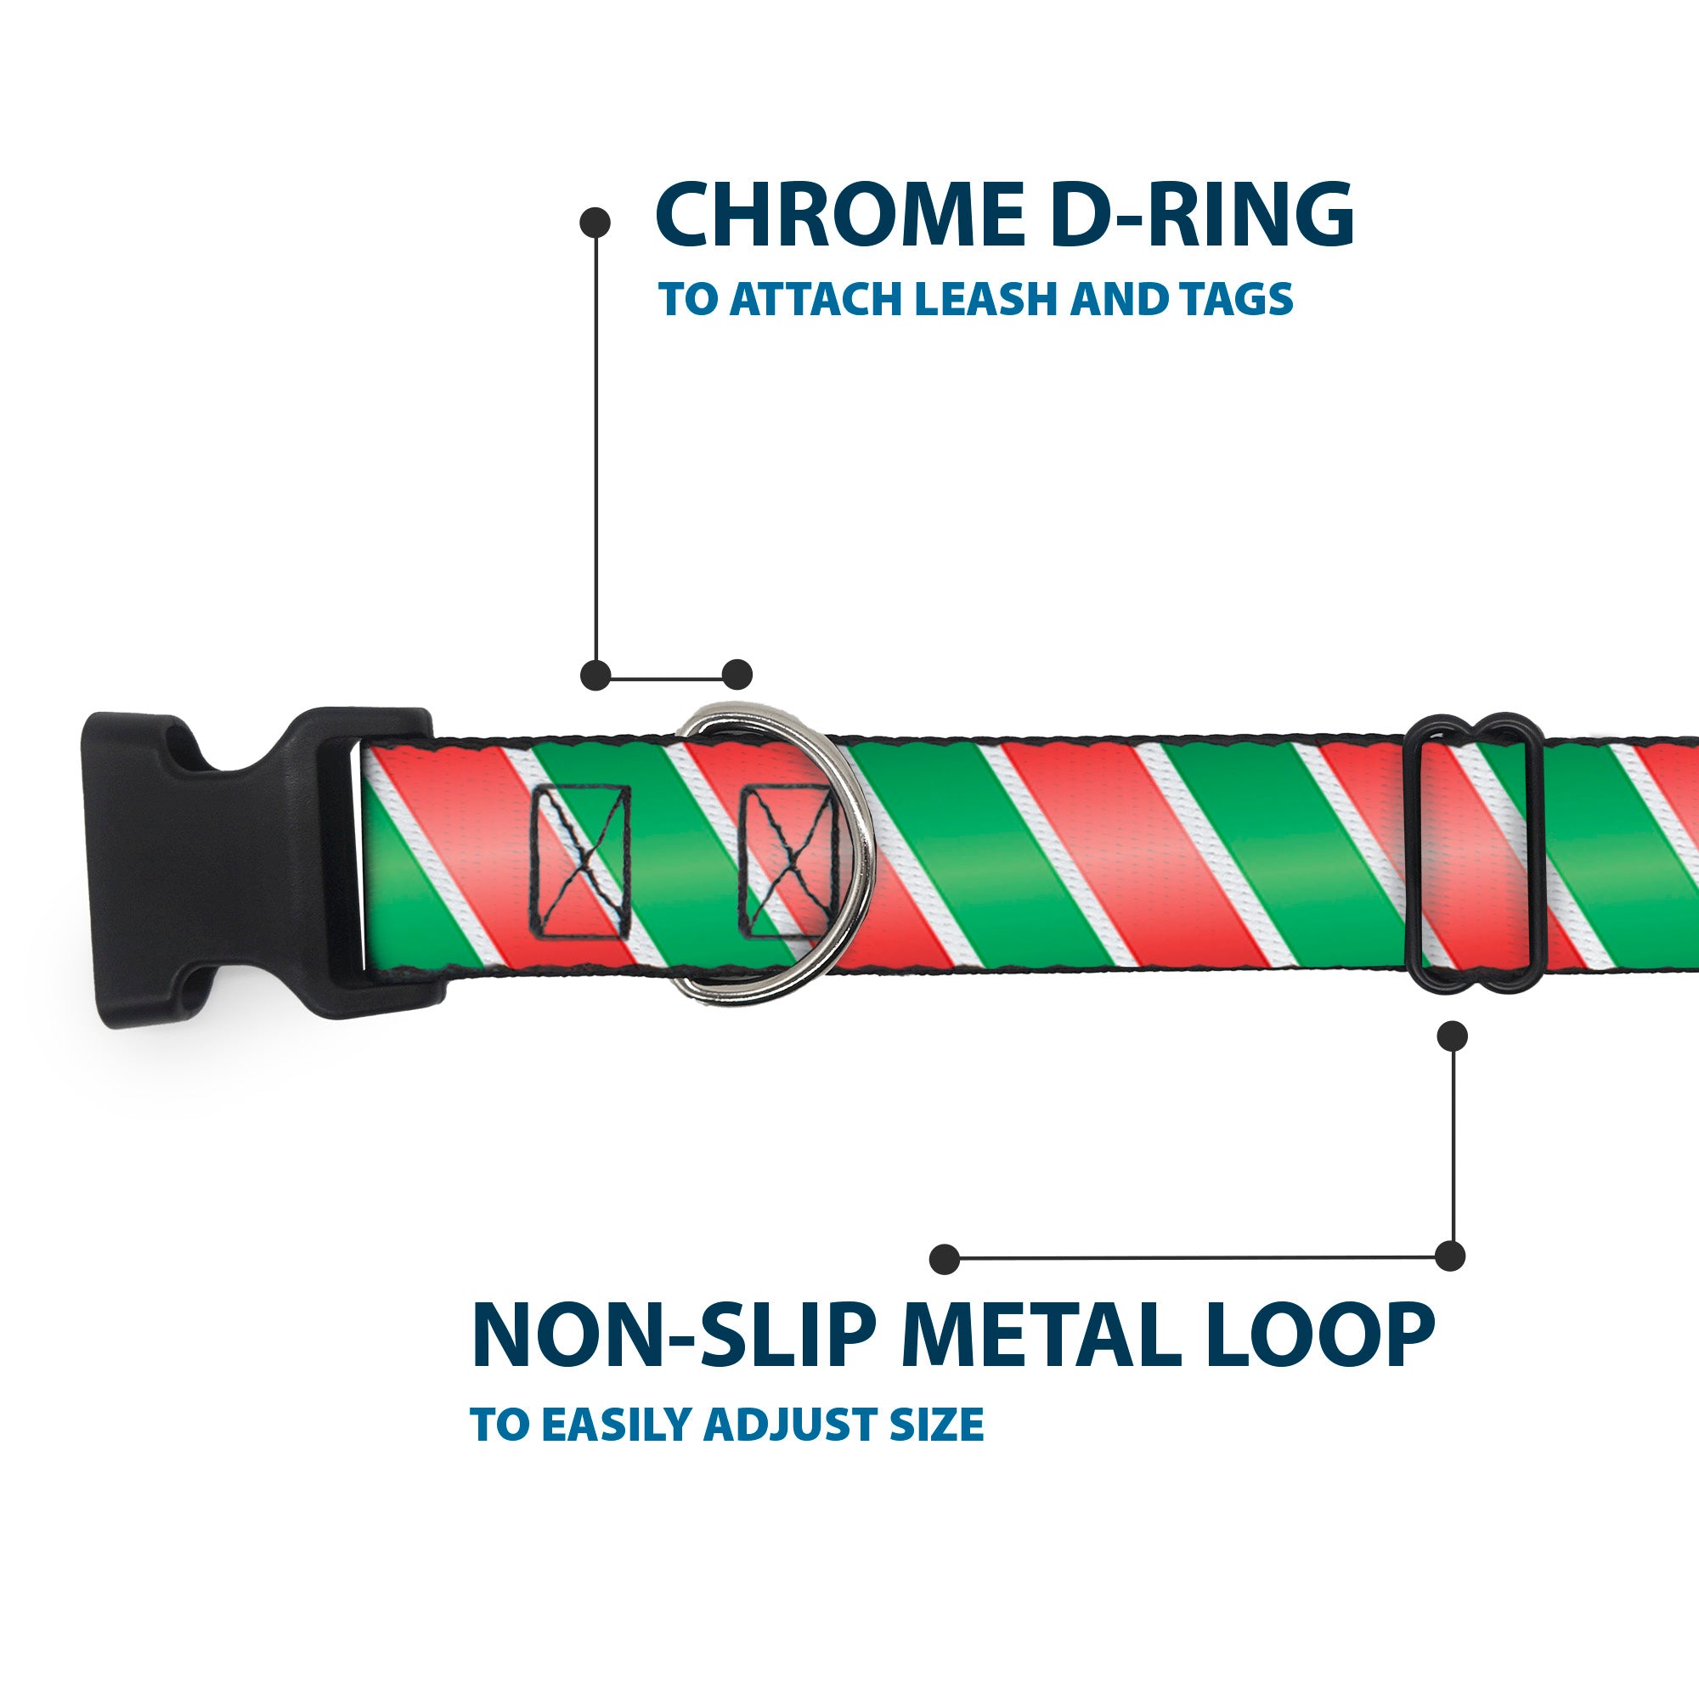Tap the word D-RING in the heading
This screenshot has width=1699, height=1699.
1201,215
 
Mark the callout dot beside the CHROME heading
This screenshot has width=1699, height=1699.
595,222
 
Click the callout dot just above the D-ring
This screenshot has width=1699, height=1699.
737,675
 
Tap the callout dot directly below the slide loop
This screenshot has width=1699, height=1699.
1452,1036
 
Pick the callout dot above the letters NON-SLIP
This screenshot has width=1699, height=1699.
945,1258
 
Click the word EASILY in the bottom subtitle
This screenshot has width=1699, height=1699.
621,1424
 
